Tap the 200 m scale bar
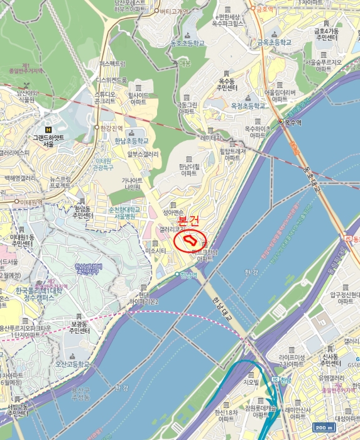pos(323,427)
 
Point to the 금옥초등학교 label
pos(275,43)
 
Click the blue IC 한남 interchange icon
pos(275,379)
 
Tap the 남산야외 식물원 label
pos(26,96)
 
